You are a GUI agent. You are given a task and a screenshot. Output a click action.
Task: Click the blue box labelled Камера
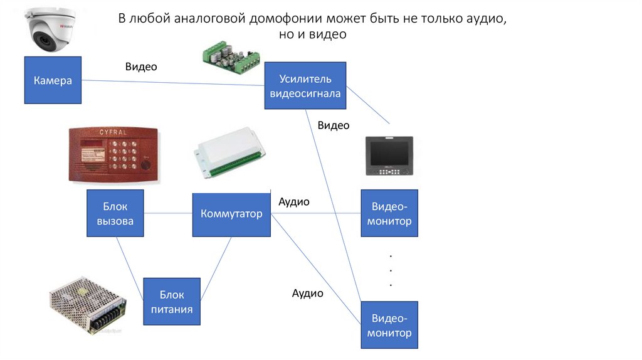[53, 80]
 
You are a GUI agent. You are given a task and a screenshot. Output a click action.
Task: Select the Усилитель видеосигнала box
[305, 87]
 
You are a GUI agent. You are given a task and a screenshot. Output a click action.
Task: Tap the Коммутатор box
[231, 214]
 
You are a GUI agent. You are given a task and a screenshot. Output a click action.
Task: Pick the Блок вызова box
[115, 213]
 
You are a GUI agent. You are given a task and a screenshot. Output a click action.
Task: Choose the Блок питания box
[172, 301]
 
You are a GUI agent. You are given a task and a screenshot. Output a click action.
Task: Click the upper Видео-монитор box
[389, 213]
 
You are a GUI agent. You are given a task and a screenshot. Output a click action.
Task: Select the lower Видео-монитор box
[389, 325]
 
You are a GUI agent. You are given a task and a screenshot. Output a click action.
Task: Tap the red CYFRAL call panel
[113, 155]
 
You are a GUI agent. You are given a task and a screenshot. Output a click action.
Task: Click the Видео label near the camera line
[141, 67]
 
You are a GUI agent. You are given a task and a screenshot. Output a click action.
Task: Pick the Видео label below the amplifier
[334, 125]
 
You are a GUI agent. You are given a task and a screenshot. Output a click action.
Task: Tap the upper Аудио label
[294, 202]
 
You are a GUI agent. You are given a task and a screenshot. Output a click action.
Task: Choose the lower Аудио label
[308, 293]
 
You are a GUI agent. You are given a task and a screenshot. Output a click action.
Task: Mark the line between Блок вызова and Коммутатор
[168, 214]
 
